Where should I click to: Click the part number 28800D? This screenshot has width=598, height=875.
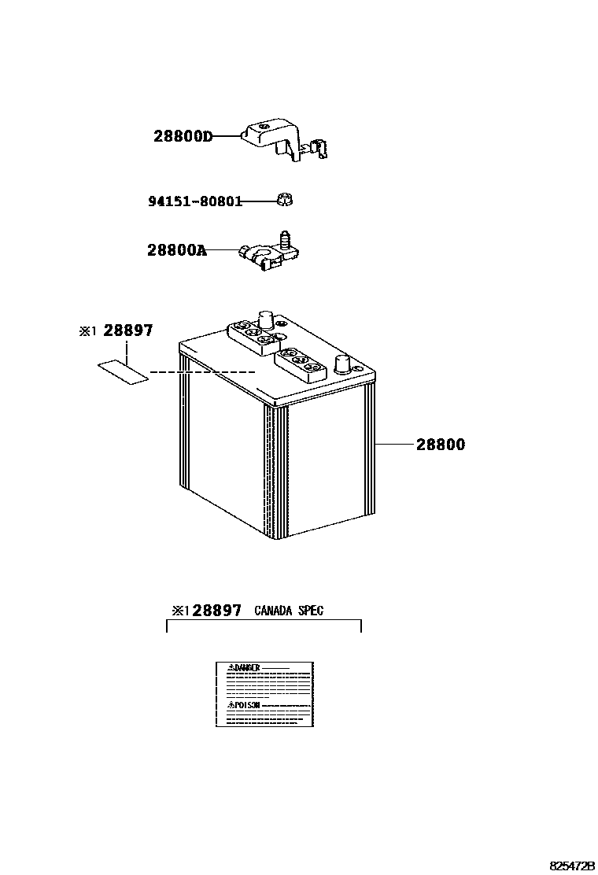point(183,136)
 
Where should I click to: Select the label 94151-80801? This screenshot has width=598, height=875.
point(194,201)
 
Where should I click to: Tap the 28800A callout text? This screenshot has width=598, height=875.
point(177,251)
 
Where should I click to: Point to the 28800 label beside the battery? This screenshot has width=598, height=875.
point(440,445)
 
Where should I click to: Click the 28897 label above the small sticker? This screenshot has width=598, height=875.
point(128,331)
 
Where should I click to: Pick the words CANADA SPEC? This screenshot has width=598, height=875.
point(288,611)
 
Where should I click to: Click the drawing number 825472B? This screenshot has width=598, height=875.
point(571,866)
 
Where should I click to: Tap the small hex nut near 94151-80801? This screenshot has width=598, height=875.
point(285,200)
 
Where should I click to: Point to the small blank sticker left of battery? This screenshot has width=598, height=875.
point(123,371)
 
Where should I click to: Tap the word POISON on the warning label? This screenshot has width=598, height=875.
point(245,706)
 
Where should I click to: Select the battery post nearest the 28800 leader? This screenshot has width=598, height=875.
point(342,364)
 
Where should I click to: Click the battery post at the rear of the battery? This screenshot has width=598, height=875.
point(265,319)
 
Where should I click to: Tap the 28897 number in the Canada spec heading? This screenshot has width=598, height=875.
point(216,611)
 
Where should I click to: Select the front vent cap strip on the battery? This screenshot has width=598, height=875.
point(301,363)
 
